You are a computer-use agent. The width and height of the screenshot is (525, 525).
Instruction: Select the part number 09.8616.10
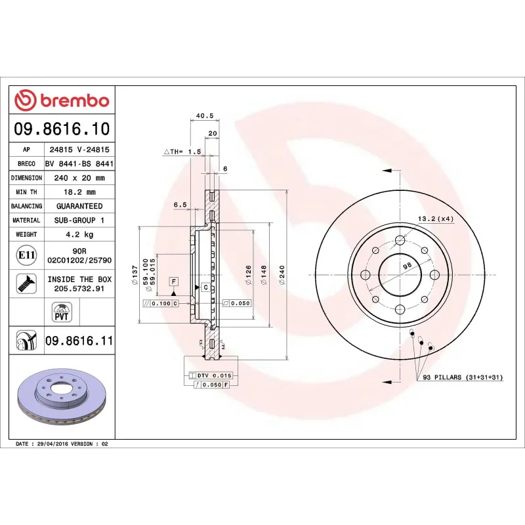(x=62, y=128)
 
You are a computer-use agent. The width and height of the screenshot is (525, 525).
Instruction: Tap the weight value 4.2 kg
(x=79, y=234)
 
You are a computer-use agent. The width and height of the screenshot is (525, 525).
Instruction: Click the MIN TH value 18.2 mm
(x=79, y=192)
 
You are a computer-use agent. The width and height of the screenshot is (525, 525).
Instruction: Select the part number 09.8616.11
(x=79, y=341)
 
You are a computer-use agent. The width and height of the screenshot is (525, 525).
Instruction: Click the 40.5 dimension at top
(x=205, y=115)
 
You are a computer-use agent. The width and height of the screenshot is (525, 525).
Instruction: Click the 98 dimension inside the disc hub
(x=407, y=264)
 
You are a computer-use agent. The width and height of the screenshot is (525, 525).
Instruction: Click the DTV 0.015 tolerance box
(x=214, y=375)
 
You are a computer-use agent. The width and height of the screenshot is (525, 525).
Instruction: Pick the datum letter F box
(x=174, y=281)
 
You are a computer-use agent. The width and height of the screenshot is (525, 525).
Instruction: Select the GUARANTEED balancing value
(x=79, y=206)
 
